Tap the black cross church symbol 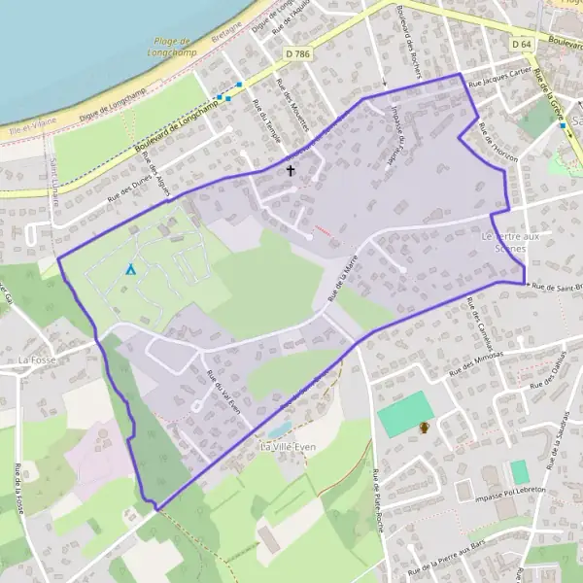tap(290, 171)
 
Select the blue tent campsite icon tap(130, 269)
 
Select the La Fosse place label tap(40, 360)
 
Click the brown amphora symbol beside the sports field tap(424, 428)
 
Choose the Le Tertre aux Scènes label tap(505, 242)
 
